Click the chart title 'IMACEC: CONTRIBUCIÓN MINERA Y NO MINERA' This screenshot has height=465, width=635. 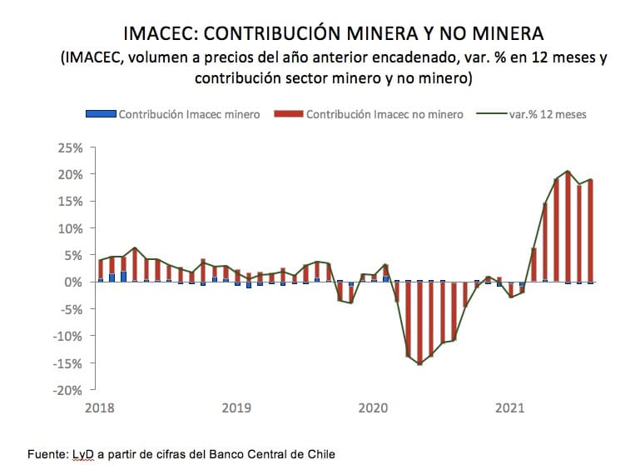tap(333, 33)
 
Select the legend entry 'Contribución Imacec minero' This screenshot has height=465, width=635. tap(189, 114)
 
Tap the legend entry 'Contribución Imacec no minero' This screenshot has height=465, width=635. tap(384, 114)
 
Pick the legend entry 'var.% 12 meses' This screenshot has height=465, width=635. tap(548, 114)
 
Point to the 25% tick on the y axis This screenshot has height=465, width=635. tap(71, 147)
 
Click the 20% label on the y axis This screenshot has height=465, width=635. tap(71, 174)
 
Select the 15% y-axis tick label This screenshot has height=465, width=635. tap(71, 202)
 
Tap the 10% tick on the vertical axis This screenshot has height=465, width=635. tap(71, 228)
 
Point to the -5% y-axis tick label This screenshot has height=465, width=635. tap(71, 309)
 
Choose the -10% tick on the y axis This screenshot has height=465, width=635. tap(68, 336)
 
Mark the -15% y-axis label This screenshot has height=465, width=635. tap(68, 363)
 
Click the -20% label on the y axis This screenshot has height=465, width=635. tap(68, 390)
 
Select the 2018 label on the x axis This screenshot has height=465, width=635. tap(100, 408)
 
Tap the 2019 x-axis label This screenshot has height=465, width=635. tap(236, 408)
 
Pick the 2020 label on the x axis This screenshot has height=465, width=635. tap(373, 408)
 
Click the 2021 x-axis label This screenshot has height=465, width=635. tap(509, 408)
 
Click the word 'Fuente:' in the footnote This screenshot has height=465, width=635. tap(47, 454)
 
